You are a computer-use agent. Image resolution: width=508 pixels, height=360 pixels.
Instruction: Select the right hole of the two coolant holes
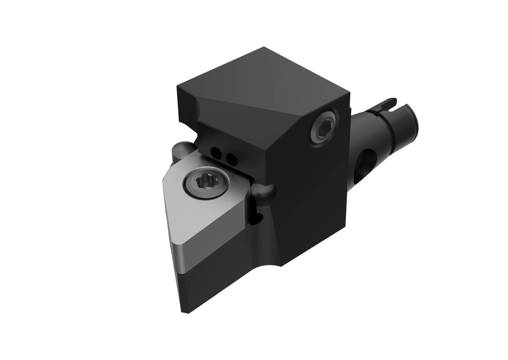[x=231, y=159]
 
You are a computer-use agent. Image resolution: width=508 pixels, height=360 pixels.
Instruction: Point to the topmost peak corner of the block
[x=264, y=48]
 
